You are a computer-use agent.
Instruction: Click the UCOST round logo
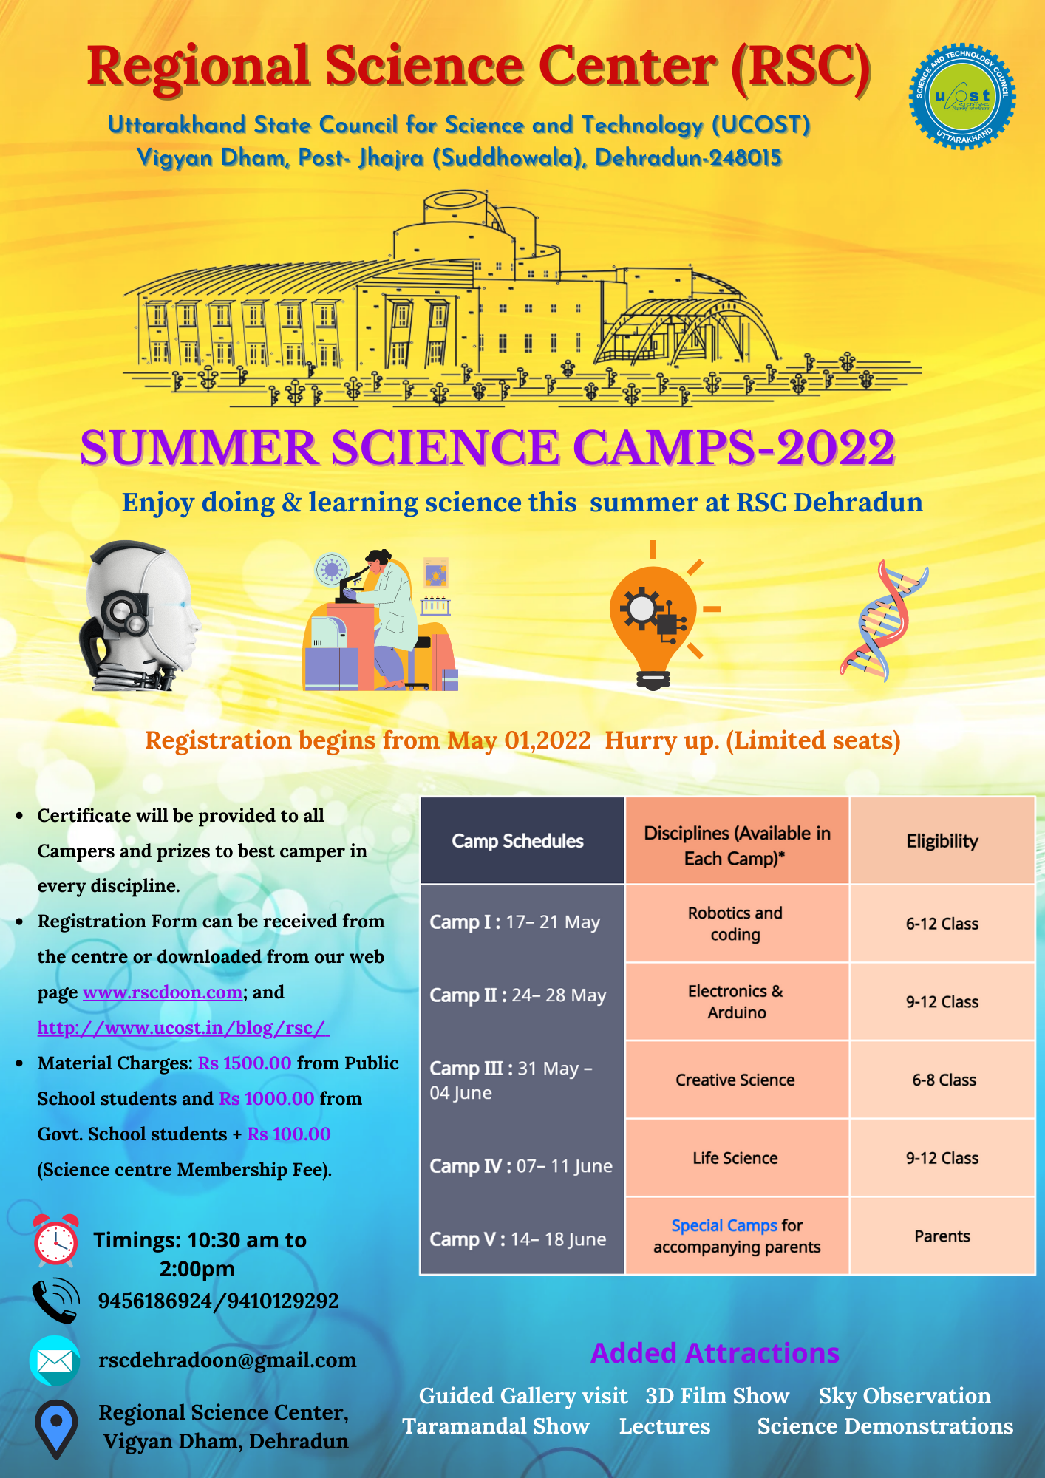tap(961, 96)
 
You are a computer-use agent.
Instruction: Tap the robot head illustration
tap(139, 616)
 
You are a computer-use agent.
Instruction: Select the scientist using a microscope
tap(381, 620)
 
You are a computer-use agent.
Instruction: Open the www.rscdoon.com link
tap(163, 992)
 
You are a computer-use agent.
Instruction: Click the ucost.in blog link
tap(183, 1027)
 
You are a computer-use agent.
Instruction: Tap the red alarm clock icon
tap(55, 1240)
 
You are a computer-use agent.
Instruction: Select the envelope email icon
tap(55, 1360)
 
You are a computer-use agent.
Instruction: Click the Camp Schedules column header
tap(518, 841)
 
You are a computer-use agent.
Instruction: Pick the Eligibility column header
tap(942, 841)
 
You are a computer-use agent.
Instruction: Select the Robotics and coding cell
tap(736, 924)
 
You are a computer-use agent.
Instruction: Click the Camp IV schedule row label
tap(521, 1165)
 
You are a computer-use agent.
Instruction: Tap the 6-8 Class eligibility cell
tap(944, 1080)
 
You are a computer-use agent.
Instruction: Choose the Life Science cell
tap(736, 1158)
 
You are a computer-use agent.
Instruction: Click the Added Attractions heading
tap(715, 1352)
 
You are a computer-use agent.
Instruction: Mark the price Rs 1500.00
tap(245, 1063)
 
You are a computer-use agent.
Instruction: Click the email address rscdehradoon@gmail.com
tap(228, 1360)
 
